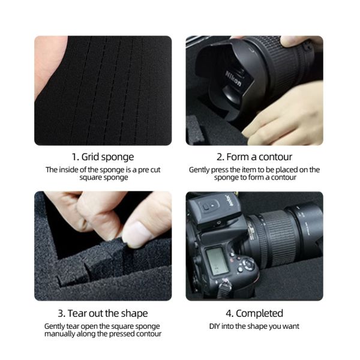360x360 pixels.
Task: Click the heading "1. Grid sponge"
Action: coord(103,157)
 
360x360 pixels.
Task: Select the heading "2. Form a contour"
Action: coord(254,157)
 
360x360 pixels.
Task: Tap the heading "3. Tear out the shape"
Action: coord(103,313)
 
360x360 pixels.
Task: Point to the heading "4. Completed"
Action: coord(254,313)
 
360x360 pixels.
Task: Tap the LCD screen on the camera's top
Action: coord(215,259)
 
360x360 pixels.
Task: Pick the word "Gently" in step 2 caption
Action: coord(199,170)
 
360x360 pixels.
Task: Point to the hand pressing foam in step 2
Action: coord(282,114)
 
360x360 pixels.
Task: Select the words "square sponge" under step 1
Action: coord(103,178)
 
